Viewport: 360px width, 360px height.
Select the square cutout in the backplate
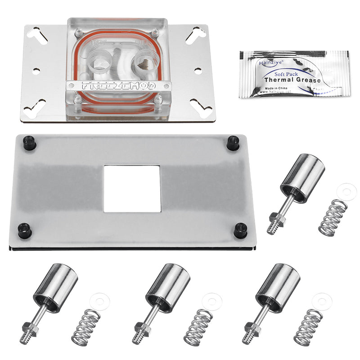coord(132,189)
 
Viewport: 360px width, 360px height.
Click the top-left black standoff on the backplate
coord(30,143)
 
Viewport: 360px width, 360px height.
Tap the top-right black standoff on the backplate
coord(233,143)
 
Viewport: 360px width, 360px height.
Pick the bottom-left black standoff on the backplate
coord(24,231)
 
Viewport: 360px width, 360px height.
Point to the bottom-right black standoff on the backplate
coord(240,231)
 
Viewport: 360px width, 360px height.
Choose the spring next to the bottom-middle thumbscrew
coord(198,327)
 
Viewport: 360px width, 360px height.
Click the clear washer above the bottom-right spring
coord(322,301)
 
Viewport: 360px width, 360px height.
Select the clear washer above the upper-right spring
coord(346,192)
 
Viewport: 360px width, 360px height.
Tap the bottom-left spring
coord(85,327)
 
